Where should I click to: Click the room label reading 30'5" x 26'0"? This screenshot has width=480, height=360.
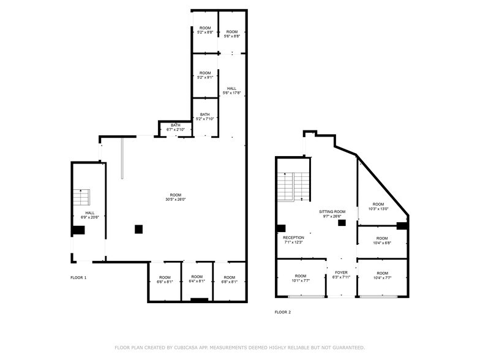click(x=175, y=197)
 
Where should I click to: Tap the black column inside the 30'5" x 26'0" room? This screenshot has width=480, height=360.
click(x=139, y=229)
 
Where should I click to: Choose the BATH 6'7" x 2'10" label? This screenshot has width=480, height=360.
click(x=176, y=127)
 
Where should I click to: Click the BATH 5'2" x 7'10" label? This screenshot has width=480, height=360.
click(x=204, y=117)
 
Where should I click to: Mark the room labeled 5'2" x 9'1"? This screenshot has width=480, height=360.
click(x=204, y=75)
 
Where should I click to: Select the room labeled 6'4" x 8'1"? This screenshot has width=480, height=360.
click(x=196, y=280)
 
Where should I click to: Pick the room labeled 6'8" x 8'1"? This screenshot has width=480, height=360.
click(x=229, y=280)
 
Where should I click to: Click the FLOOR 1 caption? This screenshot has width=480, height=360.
click(x=78, y=278)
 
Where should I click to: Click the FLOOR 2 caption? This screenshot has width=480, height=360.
click(x=282, y=312)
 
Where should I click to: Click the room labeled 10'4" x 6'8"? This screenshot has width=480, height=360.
click(x=382, y=241)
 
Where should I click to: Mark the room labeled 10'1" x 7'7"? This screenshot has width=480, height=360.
click(x=301, y=279)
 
